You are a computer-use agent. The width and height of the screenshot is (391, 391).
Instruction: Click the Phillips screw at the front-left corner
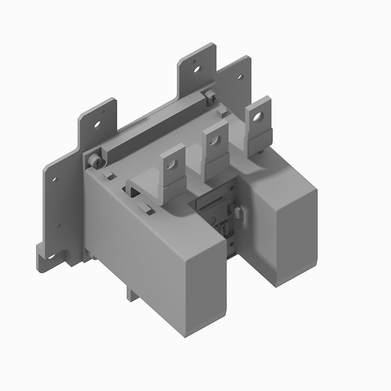[x=94, y=159]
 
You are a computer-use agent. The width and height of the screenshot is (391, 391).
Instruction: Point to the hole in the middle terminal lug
[x=213, y=140]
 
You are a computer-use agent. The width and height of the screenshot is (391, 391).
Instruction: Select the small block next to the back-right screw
[x=222, y=112]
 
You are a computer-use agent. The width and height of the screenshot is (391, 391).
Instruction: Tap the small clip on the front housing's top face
[x=145, y=207]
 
